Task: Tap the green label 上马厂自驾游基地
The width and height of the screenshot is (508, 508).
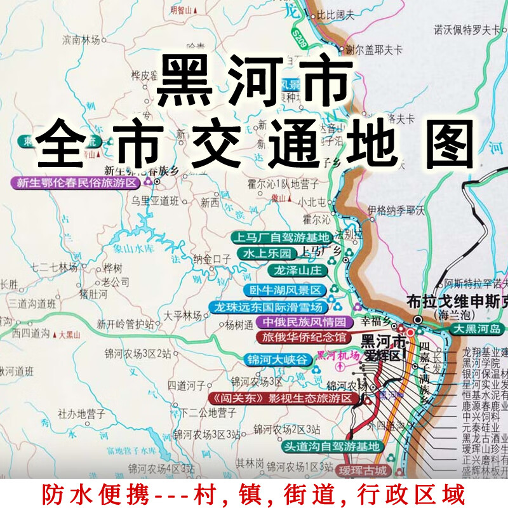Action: point(281,238)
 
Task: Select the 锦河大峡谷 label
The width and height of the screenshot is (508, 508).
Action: point(277,359)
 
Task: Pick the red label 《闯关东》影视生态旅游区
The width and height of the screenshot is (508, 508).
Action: point(281,398)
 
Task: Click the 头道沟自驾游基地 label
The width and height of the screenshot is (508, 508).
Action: point(331,446)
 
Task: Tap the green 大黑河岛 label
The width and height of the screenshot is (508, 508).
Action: point(477,329)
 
